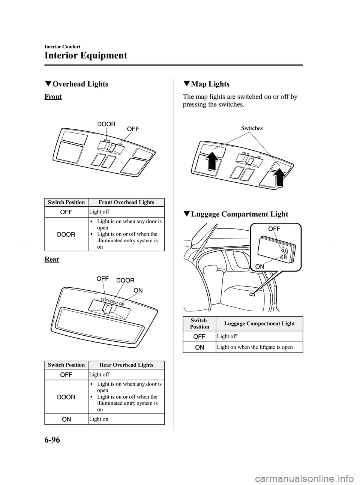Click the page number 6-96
[52, 440]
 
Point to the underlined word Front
[53, 97]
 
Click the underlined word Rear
[52, 259]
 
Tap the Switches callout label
[252, 128]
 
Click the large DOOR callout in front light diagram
[106, 124]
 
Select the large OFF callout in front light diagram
[133, 129]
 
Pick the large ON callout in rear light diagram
[138, 290]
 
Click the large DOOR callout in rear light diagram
[125, 281]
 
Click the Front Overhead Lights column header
[126, 202]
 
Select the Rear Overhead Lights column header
[126, 365]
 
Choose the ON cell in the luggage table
[199, 347]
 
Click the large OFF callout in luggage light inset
[274, 228]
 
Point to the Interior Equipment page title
[86, 56]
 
